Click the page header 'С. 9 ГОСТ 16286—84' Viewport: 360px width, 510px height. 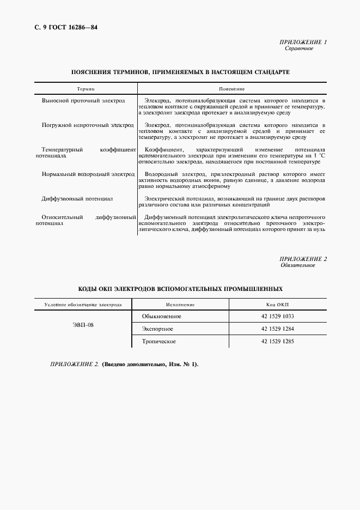pos(61,27)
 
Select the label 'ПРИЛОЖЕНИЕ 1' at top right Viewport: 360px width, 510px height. pos(303,42)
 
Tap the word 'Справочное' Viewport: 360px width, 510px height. pos(299,48)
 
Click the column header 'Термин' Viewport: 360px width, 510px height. pos(86,88)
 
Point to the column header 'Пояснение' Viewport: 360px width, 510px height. pos(231,88)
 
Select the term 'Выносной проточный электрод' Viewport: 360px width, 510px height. pos(83,101)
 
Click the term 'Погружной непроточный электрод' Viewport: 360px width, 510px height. pos(88,125)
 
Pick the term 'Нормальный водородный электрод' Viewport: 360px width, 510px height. pos(88,174)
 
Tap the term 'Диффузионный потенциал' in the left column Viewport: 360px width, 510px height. pos(77,198)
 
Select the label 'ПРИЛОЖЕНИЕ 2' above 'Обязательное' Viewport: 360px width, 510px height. pos(303,259)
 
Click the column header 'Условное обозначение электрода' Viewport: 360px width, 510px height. pos(83,305)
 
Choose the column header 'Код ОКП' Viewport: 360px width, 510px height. pos(277,305)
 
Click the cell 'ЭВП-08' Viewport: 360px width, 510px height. pos(83,325)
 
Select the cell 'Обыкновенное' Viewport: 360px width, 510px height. pos(162,317)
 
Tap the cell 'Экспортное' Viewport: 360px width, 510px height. pos(157,329)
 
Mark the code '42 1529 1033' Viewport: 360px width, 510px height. pos(277,317)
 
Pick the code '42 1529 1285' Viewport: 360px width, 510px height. pos(277,342)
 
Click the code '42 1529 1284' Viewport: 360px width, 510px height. pos(277,329)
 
